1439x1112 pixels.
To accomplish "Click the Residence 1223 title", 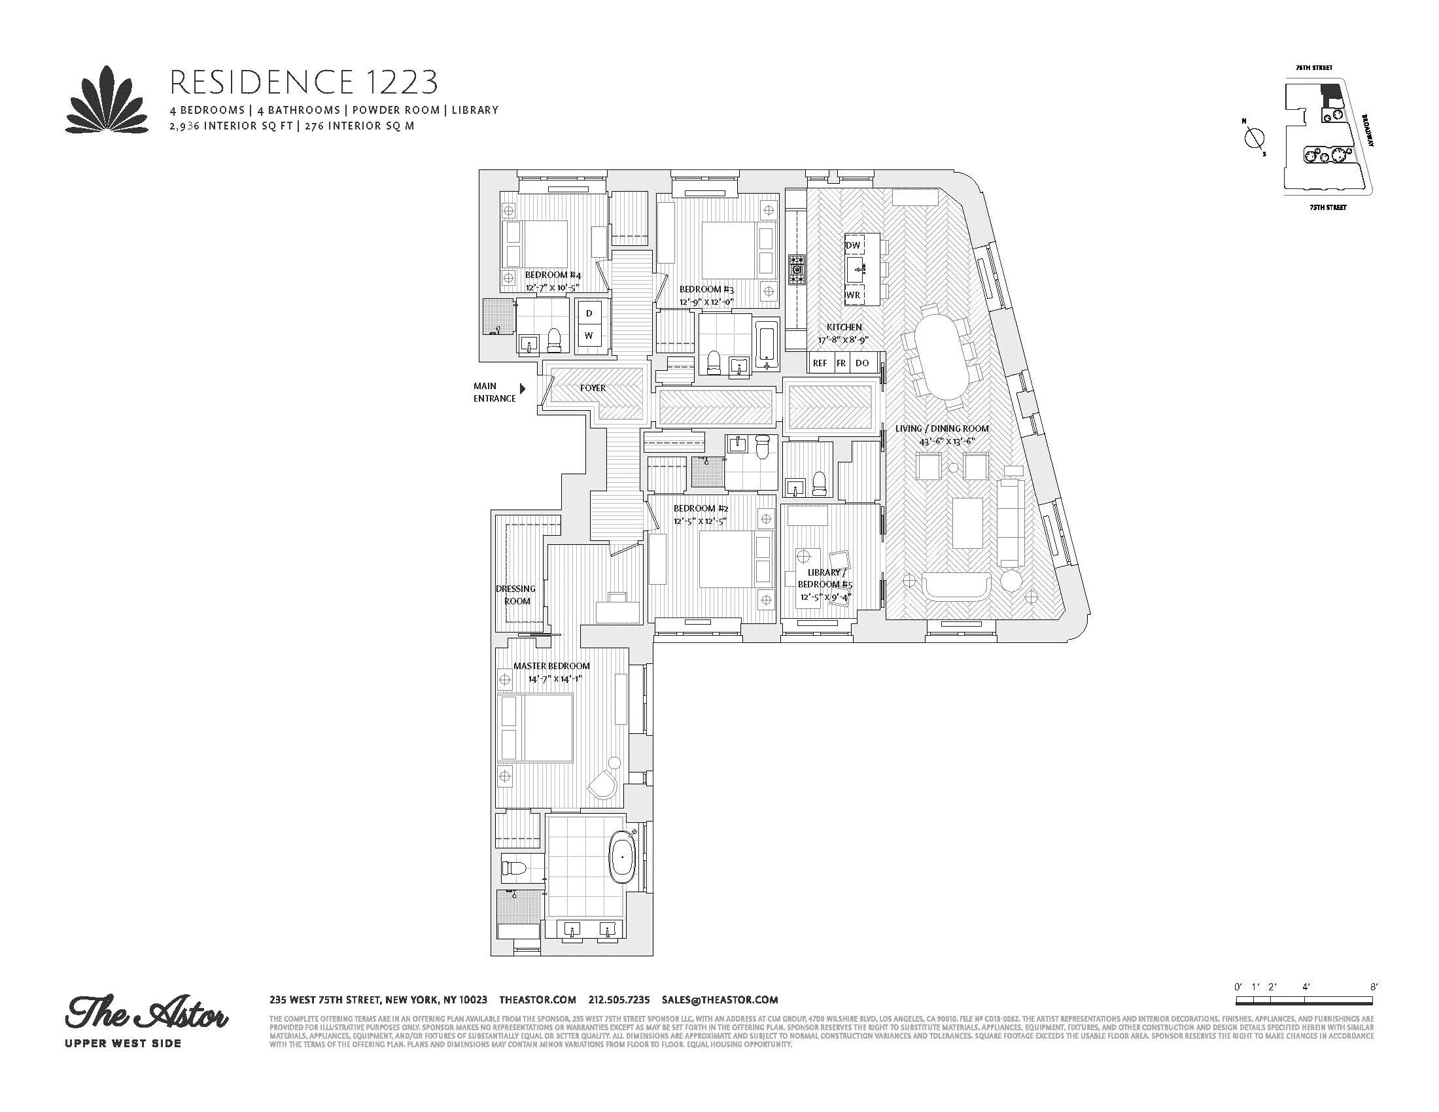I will pyautogui.click(x=303, y=82).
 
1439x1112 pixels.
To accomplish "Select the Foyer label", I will pyautogui.click(x=593, y=388).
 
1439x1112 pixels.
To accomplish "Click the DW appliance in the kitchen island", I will pyautogui.click(x=852, y=245).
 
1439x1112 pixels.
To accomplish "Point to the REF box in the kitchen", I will pyautogui.click(x=820, y=363).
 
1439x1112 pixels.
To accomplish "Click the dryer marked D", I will pyautogui.click(x=589, y=313).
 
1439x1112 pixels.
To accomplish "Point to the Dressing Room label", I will pyautogui.click(x=516, y=594).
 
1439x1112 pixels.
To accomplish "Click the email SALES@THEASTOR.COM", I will pyautogui.click(x=720, y=999).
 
